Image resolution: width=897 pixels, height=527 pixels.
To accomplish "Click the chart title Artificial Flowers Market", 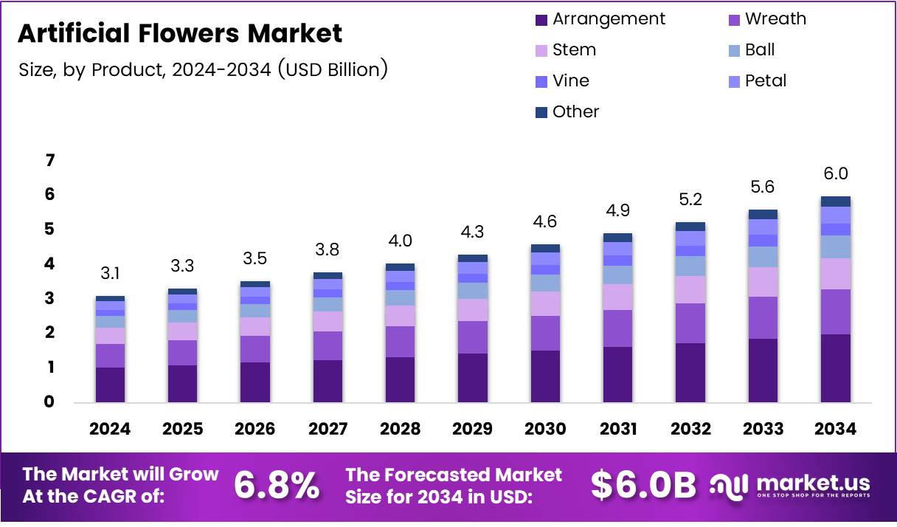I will click(x=180, y=34).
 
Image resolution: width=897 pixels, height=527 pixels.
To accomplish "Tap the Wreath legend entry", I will click(x=775, y=19).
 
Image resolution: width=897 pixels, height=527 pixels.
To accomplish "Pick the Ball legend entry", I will click(x=760, y=50).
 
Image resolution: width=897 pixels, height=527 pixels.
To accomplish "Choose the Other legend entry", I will click(x=575, y=112).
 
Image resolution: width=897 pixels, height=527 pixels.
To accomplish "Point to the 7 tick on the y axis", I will click(x=51, y=160).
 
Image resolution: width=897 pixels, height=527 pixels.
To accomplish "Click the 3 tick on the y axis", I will click(x=51, y=298).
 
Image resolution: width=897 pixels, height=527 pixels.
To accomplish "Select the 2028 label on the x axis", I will click(x=401, y=429).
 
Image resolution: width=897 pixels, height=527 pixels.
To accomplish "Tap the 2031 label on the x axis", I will click(x=617, y=429).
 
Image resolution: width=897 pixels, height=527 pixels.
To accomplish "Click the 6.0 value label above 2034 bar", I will click(x=835, y=174).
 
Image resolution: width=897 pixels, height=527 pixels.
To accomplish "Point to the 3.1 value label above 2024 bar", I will click(x=111, y=274).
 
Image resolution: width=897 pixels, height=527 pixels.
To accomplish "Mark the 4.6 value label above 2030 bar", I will click(x=545, y=221).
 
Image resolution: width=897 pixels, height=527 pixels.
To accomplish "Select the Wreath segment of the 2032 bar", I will click(x=690, y=323).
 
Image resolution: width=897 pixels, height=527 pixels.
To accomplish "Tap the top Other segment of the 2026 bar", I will click(x=255, y=284).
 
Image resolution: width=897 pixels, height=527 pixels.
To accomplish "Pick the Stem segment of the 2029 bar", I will click(x=473, y=310).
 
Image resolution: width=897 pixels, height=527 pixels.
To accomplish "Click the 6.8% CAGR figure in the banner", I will click(x=277, y=486).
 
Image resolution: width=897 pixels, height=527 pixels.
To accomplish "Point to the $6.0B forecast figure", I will click(x=643, y=486).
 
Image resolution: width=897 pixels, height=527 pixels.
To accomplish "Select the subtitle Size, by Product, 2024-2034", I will click(x=203, y=70).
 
